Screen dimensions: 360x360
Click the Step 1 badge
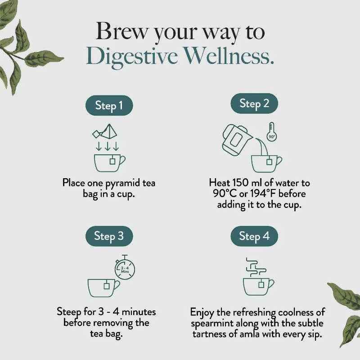109,106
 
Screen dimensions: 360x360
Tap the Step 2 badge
254,103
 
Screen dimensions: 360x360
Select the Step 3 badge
109,236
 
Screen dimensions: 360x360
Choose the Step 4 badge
254,236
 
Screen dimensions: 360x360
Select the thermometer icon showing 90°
271,132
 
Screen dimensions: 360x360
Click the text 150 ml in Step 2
246,184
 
